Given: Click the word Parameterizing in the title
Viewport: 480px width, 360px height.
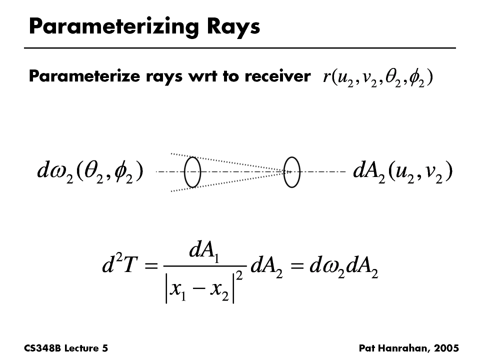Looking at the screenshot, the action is pos(113,27).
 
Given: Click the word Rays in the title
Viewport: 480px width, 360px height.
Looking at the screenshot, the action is pos(233,27).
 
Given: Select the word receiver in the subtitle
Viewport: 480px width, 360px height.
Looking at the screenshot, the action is pos(277,75).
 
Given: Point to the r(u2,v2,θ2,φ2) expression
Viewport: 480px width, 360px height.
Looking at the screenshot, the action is pos(378,78).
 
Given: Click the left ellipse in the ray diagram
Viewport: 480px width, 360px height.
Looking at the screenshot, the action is pos(192,172).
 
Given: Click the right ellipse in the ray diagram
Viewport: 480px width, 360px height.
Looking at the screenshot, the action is pos(291,172).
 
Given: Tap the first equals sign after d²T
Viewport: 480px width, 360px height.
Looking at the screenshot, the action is pos(151,265).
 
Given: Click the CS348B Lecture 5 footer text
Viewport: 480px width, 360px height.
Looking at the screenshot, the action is pos(66,348).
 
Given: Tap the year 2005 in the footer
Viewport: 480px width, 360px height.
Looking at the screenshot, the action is pos(446,348).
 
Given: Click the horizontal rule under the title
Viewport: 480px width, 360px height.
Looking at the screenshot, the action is pos(240,48).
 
